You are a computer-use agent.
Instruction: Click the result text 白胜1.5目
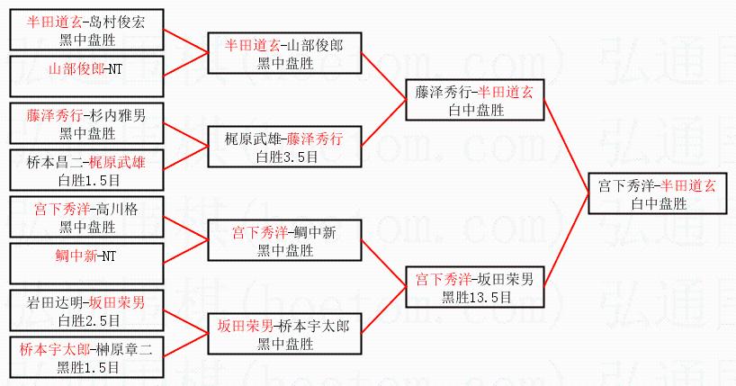click(x=87, y=180)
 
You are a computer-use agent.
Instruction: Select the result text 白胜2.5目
click(x=87, y=319)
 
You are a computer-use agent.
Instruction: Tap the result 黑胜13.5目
click(x=475, y=295)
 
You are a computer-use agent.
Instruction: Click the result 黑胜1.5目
click(x=87, y=367)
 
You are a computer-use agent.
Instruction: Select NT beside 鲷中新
click(x=108, y=256)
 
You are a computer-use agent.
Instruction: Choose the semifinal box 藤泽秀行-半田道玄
click(x=475, y=100)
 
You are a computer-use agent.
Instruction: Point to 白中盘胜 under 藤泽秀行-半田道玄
click(x=475, y=109)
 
